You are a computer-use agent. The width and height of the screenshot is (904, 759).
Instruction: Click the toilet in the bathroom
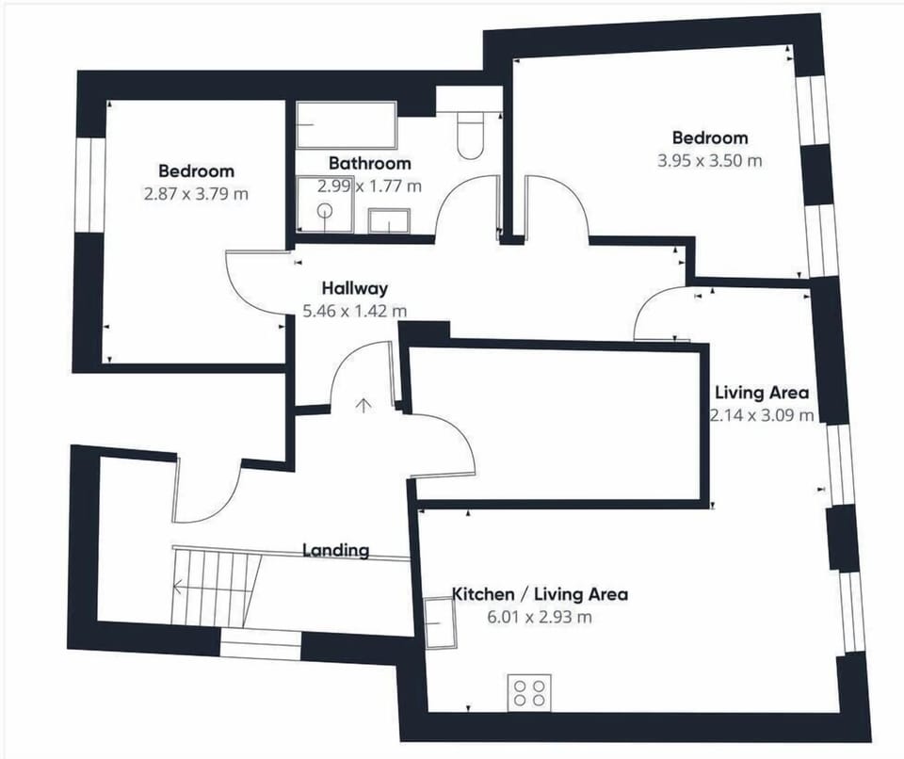(x=470, y=136)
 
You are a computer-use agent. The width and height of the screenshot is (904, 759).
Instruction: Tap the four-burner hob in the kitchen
(x=529, y=693)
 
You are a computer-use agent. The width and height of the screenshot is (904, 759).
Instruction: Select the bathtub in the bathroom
(x=347, y=125)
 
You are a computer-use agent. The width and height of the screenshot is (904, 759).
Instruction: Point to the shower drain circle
(x=325, y=211)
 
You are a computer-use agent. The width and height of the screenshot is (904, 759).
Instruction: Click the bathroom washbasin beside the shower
(x=389, y=221)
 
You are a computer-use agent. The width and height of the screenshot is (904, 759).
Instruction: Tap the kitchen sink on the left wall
(x=440, y=622)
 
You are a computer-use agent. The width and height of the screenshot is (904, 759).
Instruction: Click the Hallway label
(x=355, y=288)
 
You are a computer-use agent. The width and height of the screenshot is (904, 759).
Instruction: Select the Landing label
(x=336, y=550)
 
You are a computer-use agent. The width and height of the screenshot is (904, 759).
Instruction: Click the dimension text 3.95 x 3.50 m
(x=710, y=160)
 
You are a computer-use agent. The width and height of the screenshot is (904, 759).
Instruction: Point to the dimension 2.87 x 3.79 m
(x=196, y=194)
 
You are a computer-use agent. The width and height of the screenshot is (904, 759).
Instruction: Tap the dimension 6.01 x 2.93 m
(x=540, y=617)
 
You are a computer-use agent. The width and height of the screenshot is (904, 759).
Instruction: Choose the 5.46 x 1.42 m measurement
(x=355, y=312)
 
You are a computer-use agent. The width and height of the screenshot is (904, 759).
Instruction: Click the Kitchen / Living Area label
(x=540, y=594)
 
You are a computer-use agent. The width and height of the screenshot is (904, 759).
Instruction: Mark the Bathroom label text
(x=369, y=163)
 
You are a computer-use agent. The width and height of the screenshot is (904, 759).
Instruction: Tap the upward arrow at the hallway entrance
(x=363, y=405)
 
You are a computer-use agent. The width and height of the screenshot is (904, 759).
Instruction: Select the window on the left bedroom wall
(x=89, y=186)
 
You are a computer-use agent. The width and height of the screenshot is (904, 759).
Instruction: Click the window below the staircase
(x=261, y=644)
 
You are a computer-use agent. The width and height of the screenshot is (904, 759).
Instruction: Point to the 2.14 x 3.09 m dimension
(x=762, y=415)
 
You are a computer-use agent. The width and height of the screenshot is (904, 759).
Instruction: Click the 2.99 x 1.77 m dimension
(x=369, y=186)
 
